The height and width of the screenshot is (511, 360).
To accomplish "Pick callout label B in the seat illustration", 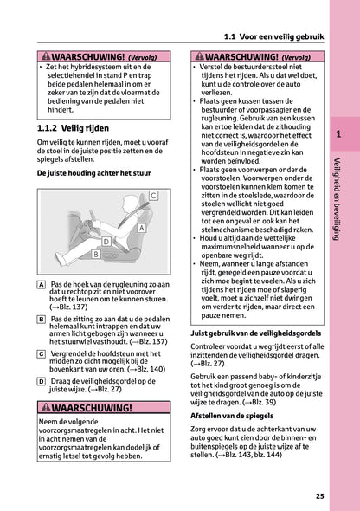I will point(95,255).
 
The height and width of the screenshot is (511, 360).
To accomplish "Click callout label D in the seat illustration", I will point(106,241).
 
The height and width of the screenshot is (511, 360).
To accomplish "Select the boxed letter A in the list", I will point(42,285).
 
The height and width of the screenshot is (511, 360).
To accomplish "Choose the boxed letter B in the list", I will point(42,320).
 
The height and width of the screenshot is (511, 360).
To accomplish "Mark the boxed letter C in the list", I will point(42,354).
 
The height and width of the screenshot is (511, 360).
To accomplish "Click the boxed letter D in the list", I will point(42,380).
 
